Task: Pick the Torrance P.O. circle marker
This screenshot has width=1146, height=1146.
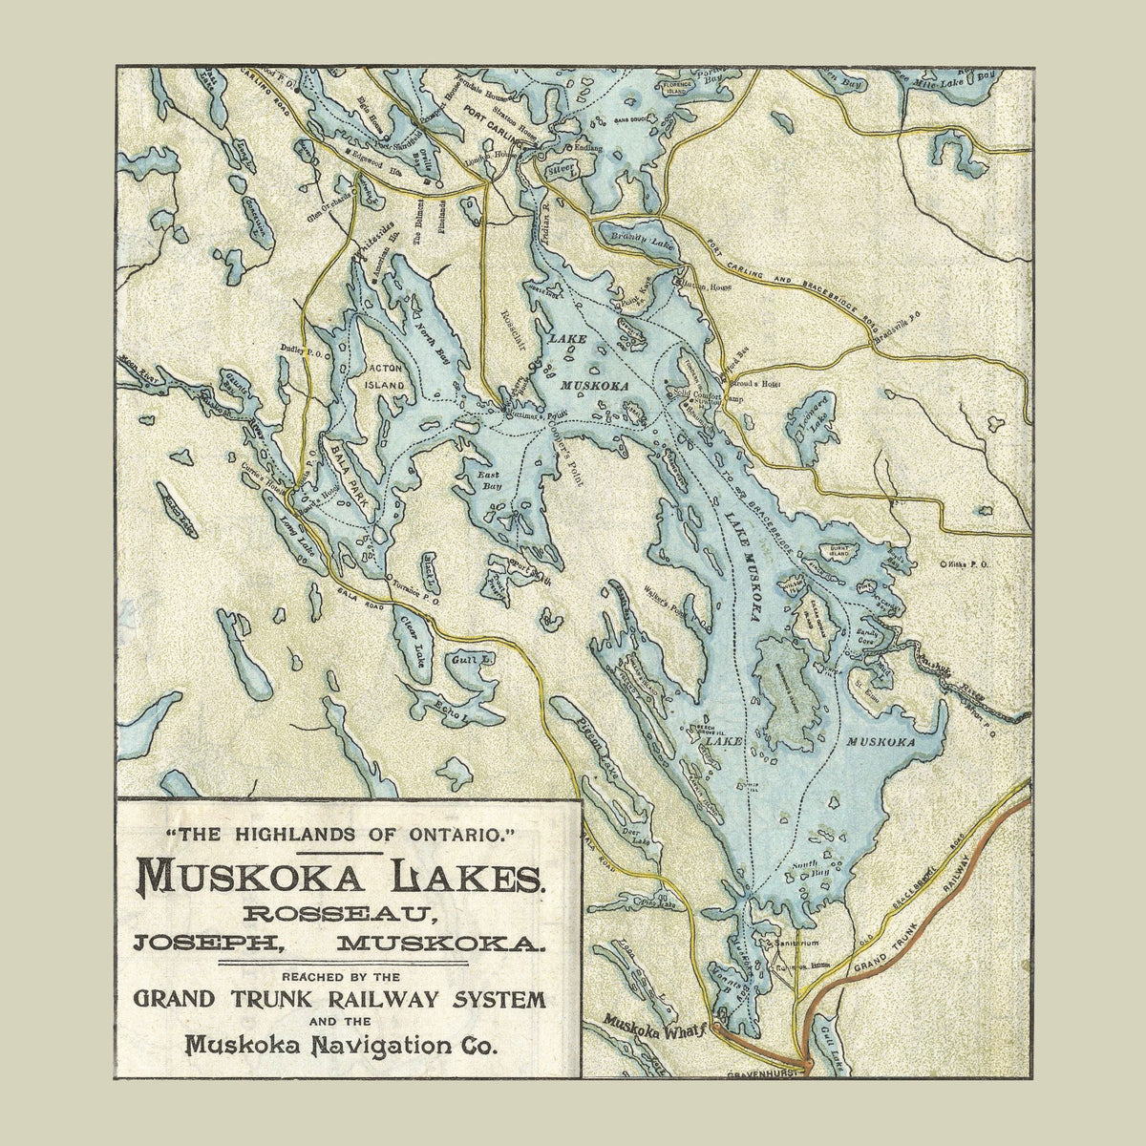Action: pyautogui.click(x=389, y=582)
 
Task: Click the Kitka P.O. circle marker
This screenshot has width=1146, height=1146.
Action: pyautogui.click(x=944, y=564)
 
